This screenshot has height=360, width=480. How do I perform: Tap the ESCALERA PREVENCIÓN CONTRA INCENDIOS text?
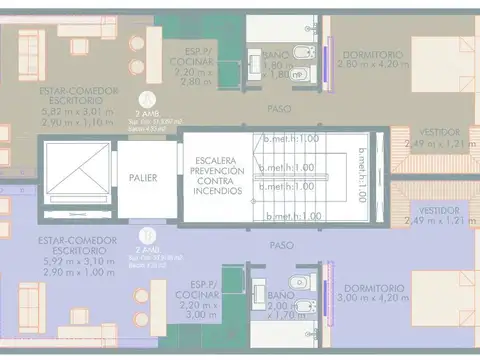216,175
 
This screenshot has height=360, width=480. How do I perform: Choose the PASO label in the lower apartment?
281,243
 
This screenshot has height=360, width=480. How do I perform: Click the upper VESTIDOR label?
440,131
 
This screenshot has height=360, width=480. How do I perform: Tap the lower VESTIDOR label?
440,211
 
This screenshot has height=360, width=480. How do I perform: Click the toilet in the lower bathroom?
290,280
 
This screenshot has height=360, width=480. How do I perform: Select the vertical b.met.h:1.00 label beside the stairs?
362,175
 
